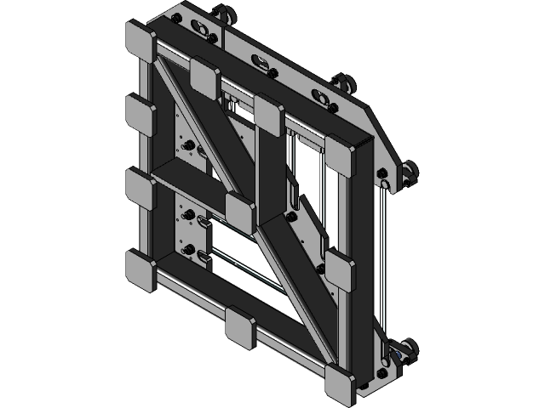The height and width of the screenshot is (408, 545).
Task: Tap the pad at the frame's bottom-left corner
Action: point(141,269)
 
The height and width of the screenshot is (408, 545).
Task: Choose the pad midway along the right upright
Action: point(342,270)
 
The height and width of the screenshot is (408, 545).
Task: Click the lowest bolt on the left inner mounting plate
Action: point(190,252)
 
